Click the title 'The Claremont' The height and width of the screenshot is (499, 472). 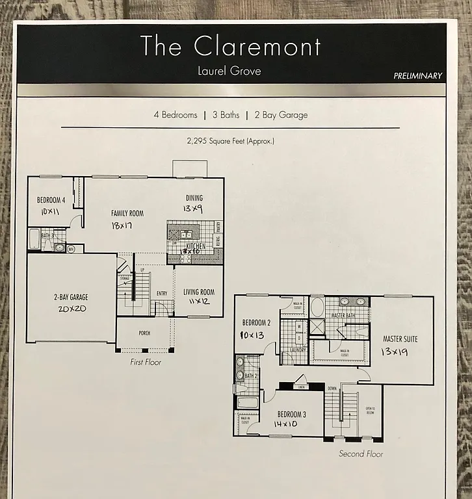pyautogui.click(x=230, y=47)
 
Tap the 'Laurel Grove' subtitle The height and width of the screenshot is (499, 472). pyautogui.click(x=229, y=71)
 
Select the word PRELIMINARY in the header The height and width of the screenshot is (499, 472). pyautogui.click(x=417, y=76)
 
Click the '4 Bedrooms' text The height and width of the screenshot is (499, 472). pyautogui.click(x=175, y=115)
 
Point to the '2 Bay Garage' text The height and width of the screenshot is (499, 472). pyautogui.click(x=281, y=115)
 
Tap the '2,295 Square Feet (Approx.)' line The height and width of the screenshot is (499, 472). pyautogui.click(x=230, y=140)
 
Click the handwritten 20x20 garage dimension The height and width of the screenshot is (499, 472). pyautogui.click(x=71, y=309)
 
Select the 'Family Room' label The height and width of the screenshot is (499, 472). pyautogui.click(x=127, y=213)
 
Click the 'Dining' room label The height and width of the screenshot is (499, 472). pyautogui.click(x=194, y=198)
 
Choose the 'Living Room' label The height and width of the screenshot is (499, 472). pyautogui.click(x=199, y=292)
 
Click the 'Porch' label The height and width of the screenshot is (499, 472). pyautogui.click(x=144, y=333)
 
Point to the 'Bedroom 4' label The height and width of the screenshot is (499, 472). pyautogui.click(x=51, y=200)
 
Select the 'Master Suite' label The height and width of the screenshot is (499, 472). pyautogui.click(x=400, y=339)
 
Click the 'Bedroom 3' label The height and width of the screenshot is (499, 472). pyautogui.click(x=292, y=414)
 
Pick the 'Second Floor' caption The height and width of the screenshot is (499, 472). pyautogui.click(x=361, y=454)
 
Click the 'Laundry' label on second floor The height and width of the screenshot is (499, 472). pyautogui.click(x=298, y=350)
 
